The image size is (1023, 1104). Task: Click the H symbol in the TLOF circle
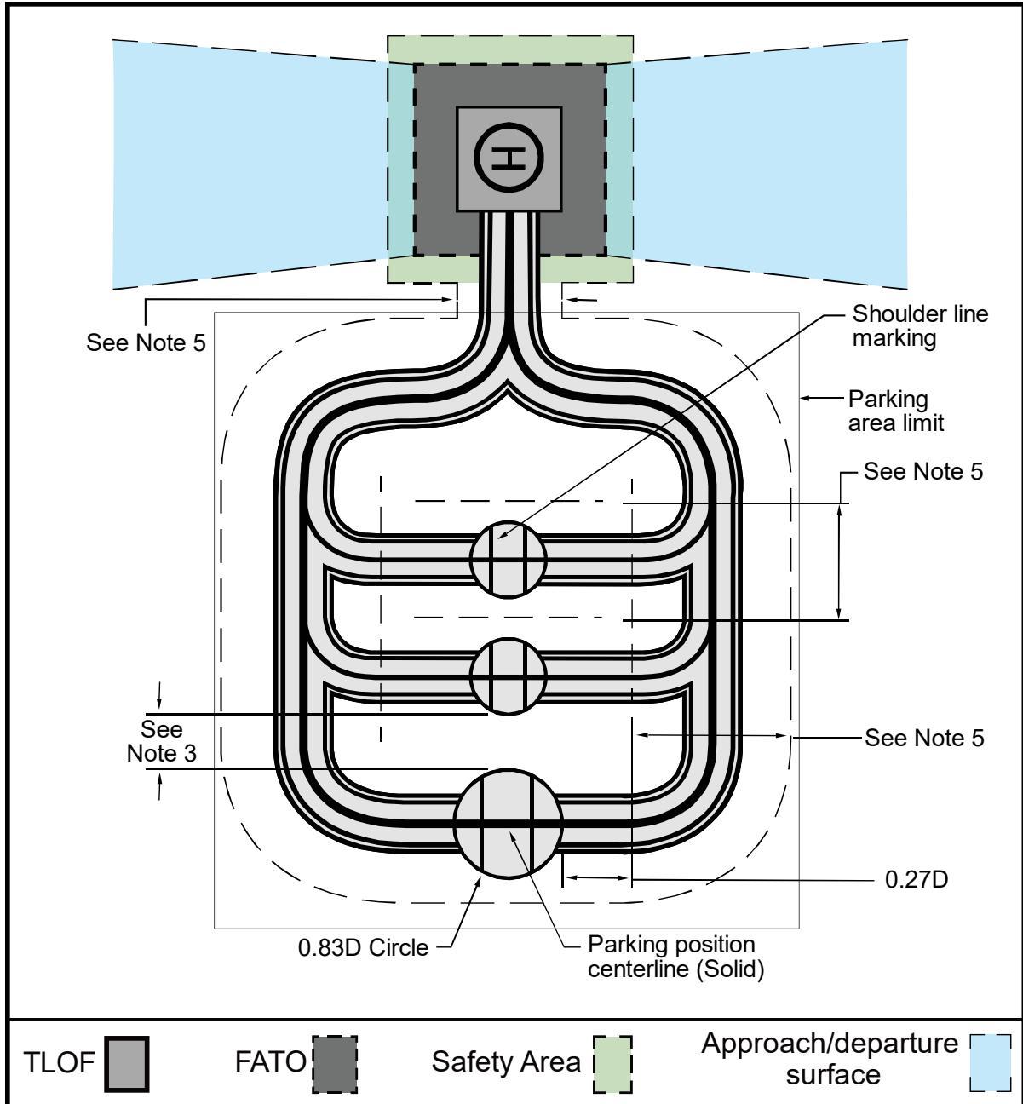pyautogui.click(x=509, y=158)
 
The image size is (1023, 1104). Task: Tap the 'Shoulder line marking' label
pyautogui.click(x=920, y=325)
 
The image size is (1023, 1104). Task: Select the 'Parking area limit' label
pyautogui.click(x=896, y=411)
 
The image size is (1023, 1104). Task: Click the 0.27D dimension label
pyautogui.click(x=917, y=879)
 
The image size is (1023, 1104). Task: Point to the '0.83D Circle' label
pyautogui.click(x=363, y=948)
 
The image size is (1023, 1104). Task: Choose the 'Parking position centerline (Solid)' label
pyautogui.click(x=676, y=957)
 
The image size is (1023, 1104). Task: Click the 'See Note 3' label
pyautogui.click(x=161, y=741)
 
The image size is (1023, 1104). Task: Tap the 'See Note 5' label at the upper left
pyautogui.click(x=146, y=342)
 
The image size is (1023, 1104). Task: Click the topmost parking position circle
pyautogui.click(x=509, y=559)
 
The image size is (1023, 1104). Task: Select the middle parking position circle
pyautogui.click(x=509, y=676)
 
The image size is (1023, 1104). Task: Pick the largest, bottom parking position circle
pyautogui.click(x=509, y=823)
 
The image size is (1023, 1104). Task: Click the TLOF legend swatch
pyautogui.click(x=127, y=1063)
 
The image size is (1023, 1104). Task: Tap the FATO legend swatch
pyautogui.click(x=334, y=1063)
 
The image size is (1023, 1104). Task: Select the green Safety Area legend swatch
pyautogui.click(x=612, y=1063)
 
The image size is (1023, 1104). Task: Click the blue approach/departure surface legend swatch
pyautogui.click(x=990, y=1062)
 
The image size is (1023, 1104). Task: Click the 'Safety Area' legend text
pyautogui.click(x=506, y=1062)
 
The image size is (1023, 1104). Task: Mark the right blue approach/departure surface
pyautogui.click(x=770, y=164)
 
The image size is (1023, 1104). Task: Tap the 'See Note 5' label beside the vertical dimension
pyautogui.click(x=923, y=471)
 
